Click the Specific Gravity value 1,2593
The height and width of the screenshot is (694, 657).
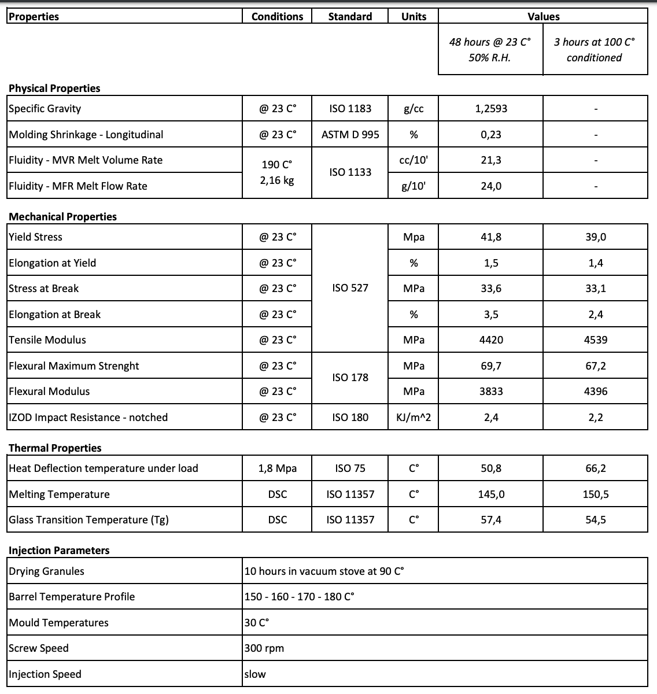[491, 109]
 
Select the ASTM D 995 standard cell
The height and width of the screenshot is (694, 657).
[350, 135]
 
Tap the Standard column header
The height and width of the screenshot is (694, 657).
[350, 17]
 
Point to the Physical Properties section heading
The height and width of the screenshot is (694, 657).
[54, 88]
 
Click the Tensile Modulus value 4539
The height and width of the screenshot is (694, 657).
[595, 340]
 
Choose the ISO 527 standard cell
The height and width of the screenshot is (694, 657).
[350, 288]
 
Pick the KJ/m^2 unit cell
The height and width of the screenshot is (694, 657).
[414, 418]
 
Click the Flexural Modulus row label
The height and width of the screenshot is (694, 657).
[49, 392]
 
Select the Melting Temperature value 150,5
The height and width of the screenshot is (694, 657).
[595, 494]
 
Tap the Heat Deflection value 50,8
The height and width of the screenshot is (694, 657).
[491, 468]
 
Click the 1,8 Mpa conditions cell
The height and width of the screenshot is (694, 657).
[277, 468]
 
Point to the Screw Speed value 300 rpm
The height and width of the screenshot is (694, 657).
[264, 648]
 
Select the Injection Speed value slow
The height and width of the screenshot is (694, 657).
[255, 674]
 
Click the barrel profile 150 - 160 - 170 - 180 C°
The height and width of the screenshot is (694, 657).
[299, 597]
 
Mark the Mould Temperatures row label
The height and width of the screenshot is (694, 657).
[58, 623]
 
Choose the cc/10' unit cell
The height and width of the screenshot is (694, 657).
[414, 160]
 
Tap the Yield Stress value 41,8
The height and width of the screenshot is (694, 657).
[491, 237]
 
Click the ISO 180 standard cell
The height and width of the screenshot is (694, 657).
[350, 418]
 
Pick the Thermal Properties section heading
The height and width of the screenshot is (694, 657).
[55, 448]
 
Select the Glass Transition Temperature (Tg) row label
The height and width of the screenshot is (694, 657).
[88, 520]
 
